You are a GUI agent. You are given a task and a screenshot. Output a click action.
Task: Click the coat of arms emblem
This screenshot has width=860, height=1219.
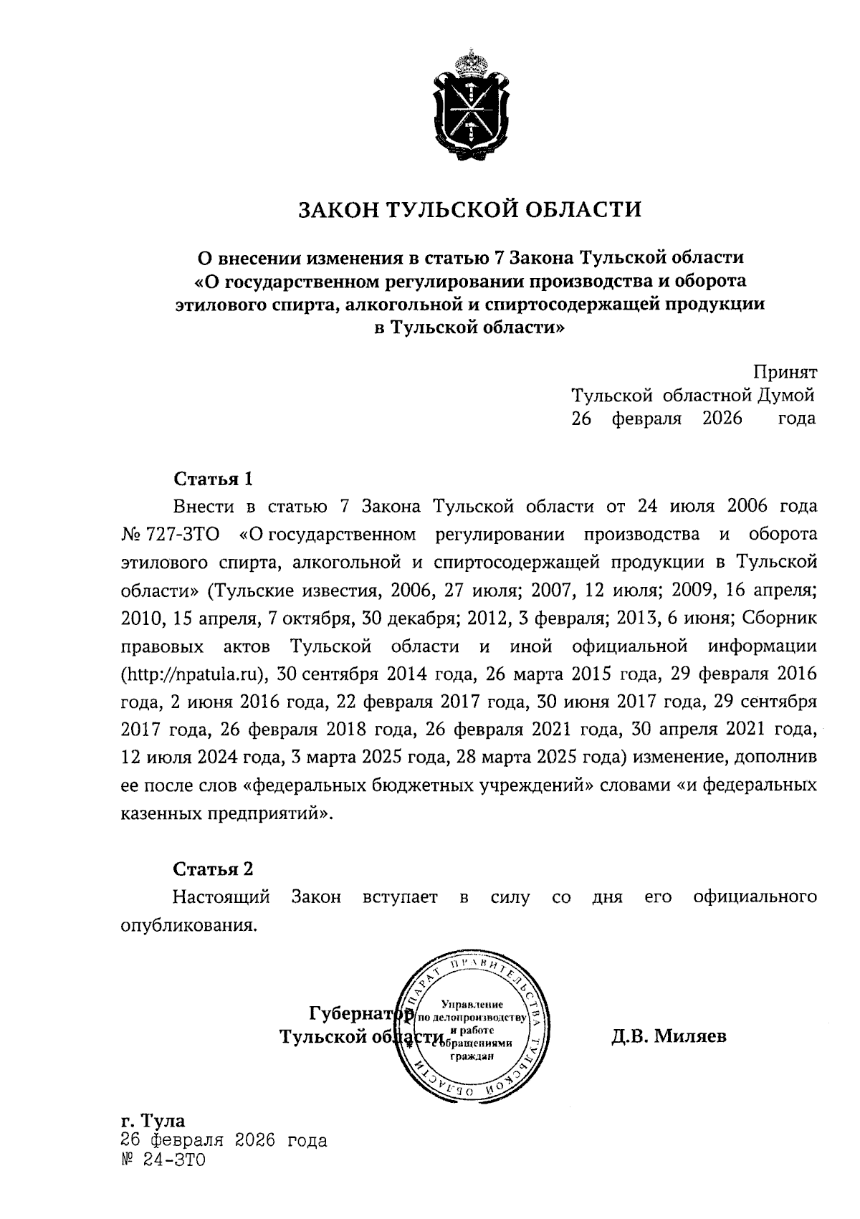[x=470, y=105]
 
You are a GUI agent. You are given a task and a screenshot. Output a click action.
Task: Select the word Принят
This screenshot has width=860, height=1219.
[x=785, y=372]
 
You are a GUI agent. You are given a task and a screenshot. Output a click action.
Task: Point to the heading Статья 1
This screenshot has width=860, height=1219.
[x=214, y=478]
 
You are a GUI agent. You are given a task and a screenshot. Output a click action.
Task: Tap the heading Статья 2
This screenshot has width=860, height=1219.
[x=214, y=869]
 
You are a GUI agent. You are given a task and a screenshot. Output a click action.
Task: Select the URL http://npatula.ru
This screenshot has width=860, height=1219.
[x=192, y=674]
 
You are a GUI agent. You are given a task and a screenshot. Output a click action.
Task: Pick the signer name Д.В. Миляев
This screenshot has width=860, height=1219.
[x=669, y=1036]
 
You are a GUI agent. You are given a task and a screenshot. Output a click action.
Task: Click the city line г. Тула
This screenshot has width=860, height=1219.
[x=153, y=1120]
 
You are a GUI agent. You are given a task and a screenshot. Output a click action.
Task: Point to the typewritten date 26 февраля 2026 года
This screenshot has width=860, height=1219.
[x=224, y=1140]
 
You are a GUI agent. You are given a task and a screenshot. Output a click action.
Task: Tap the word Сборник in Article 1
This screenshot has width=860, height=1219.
[x=780, y=618]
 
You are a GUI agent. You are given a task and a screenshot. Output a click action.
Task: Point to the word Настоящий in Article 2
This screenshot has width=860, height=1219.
[x=221, y=897]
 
